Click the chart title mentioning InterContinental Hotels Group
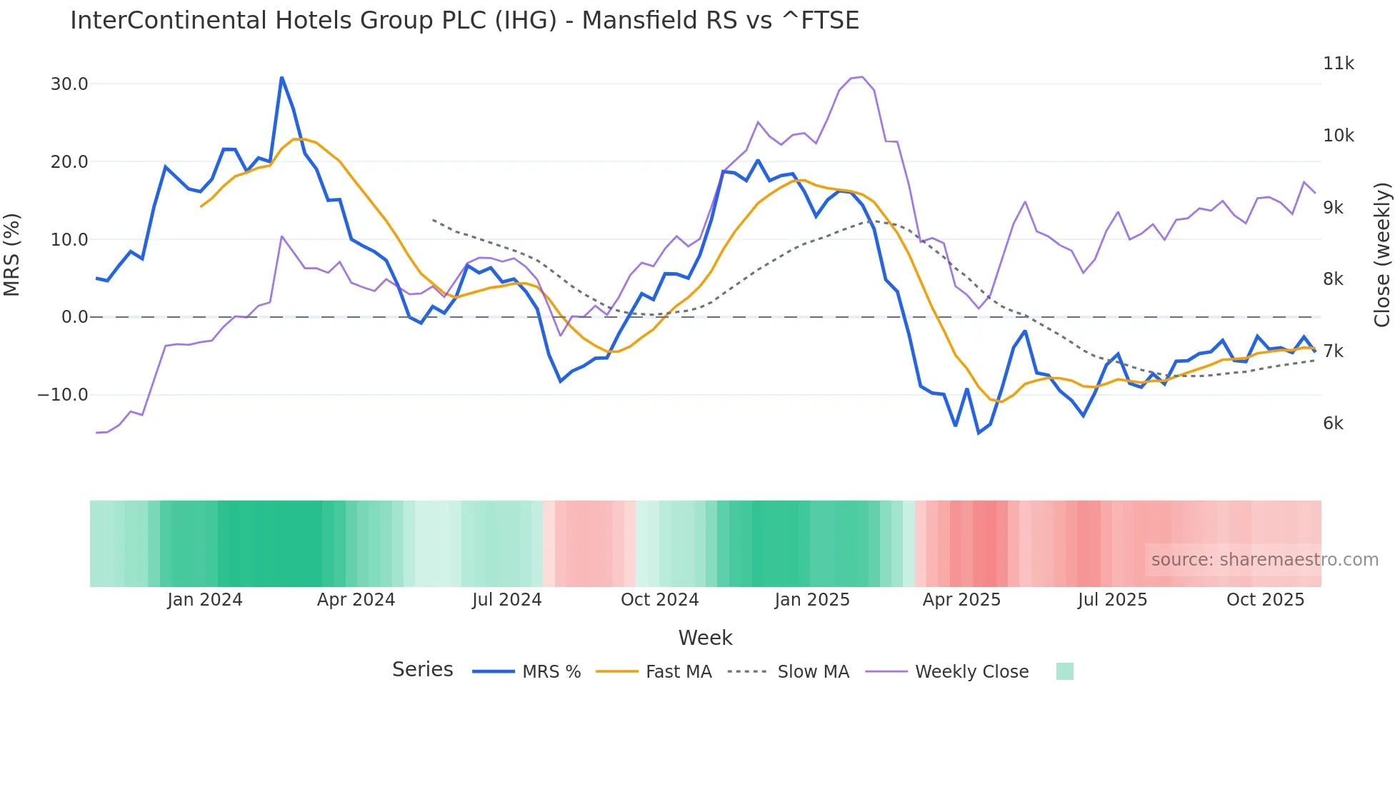tap(464, 20)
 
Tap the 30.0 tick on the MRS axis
tap(69, 84)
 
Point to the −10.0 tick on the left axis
tap(63, 395)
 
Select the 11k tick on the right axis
tap(1338, 64)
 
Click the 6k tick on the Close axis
tap(1333, 423)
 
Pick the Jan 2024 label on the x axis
tap(205, 600)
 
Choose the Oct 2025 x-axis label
tap(1265, 600)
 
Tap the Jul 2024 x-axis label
tap(507, 600)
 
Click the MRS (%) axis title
tap(12, 254)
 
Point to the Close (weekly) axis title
tap(1382, 254)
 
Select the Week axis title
tap(705, 638)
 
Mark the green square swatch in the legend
tap(1064, 671)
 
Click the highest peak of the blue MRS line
tap(281, 77)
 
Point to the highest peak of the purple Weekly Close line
tap(863, 77)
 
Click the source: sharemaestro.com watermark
tap(1264, 560)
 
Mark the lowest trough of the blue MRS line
tap(979, 433)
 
